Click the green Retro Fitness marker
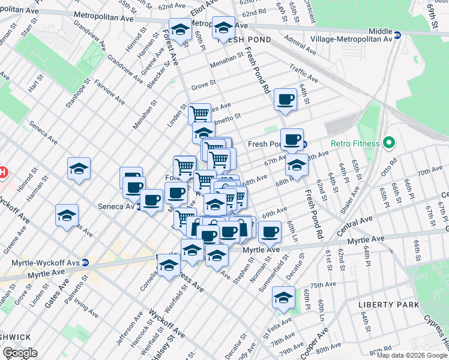pyautogui.click(x=388, y=143)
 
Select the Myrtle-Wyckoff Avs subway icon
pyautogui.click(x=85, y=262)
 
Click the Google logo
pyautogui.click(x=20, y=353)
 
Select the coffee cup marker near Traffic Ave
pyautogui.click(x=285, y=99)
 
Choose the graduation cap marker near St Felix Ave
pyautogui.click(x=283, y=296)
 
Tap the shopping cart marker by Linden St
pyautogui.click(x=199, y=113)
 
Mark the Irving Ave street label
pyautogui.click(x=88, y=311)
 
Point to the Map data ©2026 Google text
pyautogui.click(x=411, y=355)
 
